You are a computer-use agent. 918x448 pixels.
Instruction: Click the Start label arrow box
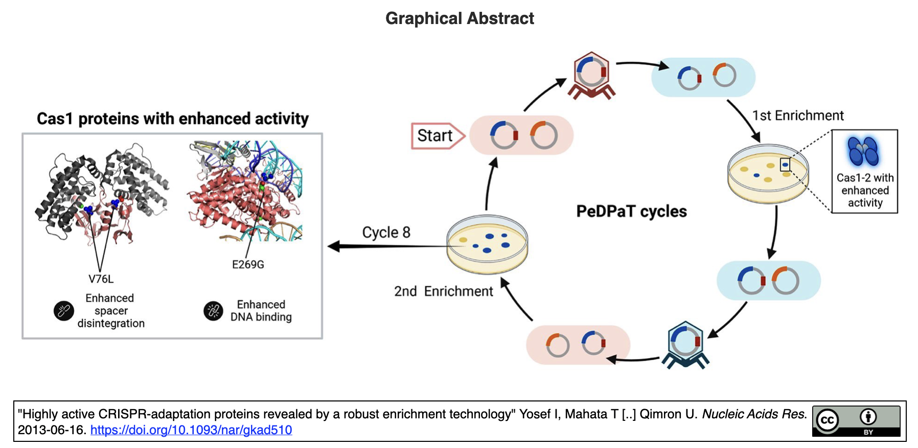point(437,136)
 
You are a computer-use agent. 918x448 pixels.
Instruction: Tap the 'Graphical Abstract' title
point(459,18)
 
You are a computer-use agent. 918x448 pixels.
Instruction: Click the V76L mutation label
point(101,279)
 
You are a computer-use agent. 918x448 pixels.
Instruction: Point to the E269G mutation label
point(248,264)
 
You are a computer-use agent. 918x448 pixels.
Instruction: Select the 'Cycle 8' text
point(386,232)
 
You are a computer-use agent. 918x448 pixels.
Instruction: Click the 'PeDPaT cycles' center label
point(631,211)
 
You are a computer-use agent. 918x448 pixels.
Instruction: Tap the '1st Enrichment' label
point(797,116)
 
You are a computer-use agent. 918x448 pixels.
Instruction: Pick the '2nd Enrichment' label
point(443,291)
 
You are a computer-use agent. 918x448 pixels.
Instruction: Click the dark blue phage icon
point(685,344)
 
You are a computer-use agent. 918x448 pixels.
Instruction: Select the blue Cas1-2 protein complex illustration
point(863,151)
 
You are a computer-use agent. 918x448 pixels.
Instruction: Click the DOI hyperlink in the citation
point(191,430)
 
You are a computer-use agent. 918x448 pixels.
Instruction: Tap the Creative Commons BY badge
point(856,421)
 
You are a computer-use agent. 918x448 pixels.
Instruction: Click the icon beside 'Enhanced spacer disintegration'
point(64,310)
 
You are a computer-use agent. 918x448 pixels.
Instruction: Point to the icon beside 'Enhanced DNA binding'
point(213,310)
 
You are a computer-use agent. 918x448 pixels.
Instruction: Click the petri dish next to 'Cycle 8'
point(487,244)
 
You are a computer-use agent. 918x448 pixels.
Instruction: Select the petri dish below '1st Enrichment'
point(768,174)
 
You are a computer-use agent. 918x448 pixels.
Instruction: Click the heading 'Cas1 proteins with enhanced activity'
point(173,119)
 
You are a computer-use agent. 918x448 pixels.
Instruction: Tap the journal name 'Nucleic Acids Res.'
point(754,414)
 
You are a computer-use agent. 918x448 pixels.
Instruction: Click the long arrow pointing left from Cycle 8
point(388,247)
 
